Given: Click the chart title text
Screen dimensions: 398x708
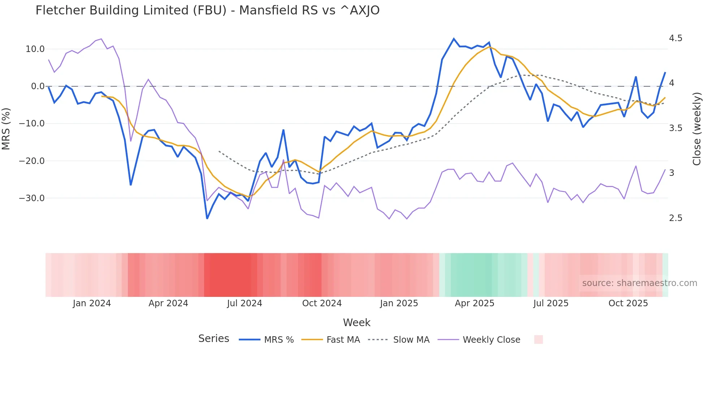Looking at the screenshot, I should tap(207, 10).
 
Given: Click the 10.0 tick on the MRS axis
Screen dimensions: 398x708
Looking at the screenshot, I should tap(35, 49).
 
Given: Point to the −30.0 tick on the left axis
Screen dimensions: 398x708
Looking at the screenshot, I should tap(32, 198).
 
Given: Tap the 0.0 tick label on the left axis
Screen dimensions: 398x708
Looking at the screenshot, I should tap(38, 86).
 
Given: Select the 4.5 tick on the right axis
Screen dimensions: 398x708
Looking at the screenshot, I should tap(675, 38).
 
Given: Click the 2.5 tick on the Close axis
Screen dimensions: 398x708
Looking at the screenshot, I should tap(675, 218).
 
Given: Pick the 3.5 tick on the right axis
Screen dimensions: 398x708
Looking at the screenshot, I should tap(675, 128).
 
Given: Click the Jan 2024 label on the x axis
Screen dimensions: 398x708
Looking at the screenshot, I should tap(92, 303).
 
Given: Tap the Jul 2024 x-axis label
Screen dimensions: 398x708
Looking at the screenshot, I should tap(245, 303).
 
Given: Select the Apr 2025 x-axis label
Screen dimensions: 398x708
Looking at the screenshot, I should tap(474, 303).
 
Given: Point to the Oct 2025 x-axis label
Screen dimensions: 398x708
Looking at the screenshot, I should tap(628, 303).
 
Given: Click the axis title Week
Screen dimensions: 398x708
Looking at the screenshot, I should tap(357, 323).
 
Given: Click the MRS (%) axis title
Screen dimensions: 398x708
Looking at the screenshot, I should tap(6, 129).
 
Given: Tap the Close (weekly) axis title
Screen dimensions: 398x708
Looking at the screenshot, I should tap(697, 129).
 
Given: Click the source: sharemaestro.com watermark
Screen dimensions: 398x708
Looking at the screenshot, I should tap(639, 283).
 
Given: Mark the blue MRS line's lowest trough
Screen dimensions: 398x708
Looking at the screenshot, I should tap(207, 219).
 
